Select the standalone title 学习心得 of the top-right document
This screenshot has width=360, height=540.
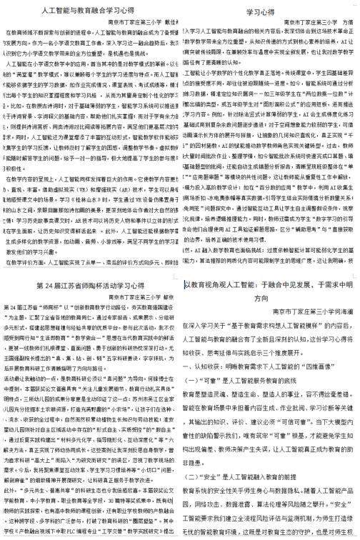click(x=261, y=12)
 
